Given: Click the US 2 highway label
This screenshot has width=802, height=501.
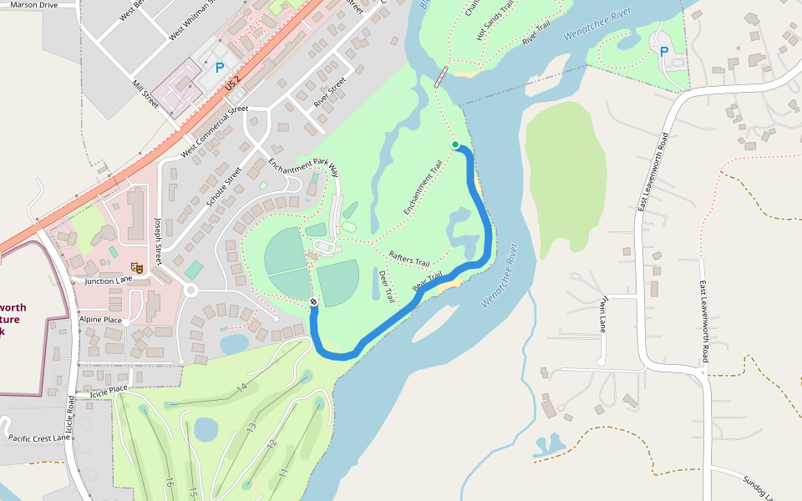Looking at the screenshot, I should pos(232,82).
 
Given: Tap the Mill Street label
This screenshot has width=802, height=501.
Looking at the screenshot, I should pos(145,94).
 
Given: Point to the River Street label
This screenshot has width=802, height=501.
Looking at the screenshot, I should pos(330,92).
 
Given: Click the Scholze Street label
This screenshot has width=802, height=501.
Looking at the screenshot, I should pos(223,186).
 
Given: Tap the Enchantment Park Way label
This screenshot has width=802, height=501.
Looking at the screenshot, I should pos(303,156).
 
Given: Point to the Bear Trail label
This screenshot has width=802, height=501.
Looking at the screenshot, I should pos(427,282).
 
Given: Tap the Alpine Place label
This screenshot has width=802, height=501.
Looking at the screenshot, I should pos(100,320).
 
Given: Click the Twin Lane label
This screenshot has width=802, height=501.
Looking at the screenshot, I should pos(602,314).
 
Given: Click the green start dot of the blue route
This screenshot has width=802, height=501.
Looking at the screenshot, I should pos(455,144).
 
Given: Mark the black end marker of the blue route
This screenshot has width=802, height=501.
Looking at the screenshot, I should pos(313,301).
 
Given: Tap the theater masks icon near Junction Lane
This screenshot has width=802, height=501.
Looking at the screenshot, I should pos(138,268).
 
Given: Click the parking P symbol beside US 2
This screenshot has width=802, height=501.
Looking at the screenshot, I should pos(220,67).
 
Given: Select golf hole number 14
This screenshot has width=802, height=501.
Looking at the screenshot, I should pos(242,387).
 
